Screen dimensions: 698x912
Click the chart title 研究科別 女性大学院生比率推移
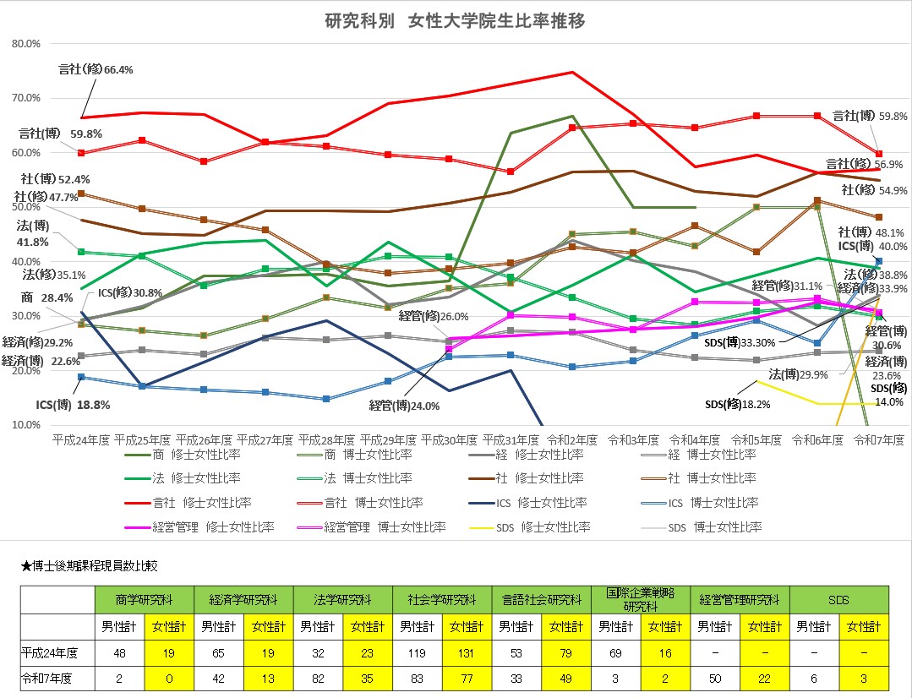[455, 21]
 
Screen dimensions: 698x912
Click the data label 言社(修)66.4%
[96, 69]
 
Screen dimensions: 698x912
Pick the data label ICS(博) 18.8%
[73, 405]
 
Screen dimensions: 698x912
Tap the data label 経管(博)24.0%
[404, 406]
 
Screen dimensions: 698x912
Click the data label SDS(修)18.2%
[738, 405]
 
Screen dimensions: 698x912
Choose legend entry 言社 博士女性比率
[374, 503]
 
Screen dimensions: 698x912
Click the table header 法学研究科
[343, 600]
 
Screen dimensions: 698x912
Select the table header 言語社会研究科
[542, 600]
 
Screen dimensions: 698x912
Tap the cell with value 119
[418, 653]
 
